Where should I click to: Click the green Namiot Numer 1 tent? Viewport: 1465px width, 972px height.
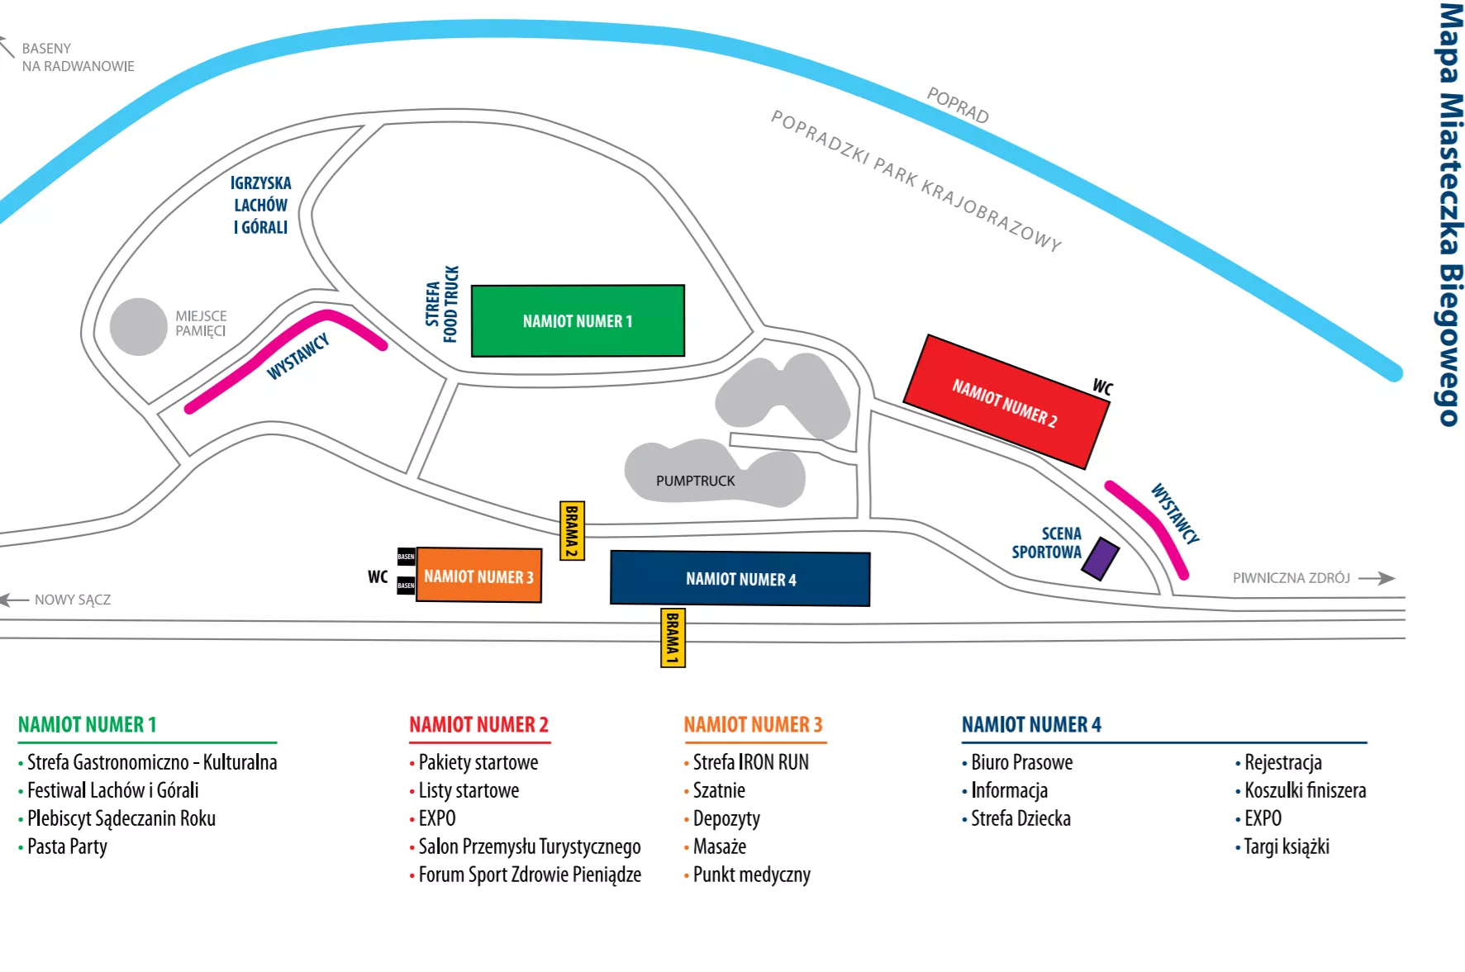pyautogui.click(x=578, y=321)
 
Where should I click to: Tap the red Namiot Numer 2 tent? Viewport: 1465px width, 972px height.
pyautogui.click(x=1006, y=402)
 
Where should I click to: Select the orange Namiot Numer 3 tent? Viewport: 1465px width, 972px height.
pyautogui.click(x=478, y=576)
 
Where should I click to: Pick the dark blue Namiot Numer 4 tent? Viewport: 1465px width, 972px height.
pyautogui.click(x=740, y=579)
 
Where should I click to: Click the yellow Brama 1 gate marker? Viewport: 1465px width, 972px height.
pyautogui.click(x=673, y=638)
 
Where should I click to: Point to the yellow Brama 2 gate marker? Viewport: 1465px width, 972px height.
pyautogui.click(x=572, y=531)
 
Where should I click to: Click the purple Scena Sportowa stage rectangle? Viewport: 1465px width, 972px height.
pyautogui.click(x=1101, y=559)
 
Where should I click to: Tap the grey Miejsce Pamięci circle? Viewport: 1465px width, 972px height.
pyautogui.click(x=139, y=327)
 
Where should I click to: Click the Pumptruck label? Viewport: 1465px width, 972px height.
pyautogui.click(x=695, y=481)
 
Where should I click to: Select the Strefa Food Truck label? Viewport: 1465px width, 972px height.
pyautogui.click(x=442, y=304)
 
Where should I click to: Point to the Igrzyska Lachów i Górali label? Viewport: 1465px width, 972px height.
pyautogui.click(x=261, y=205)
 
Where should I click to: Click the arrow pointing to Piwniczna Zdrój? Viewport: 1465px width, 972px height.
pyautogui.click(x=1376, y=578)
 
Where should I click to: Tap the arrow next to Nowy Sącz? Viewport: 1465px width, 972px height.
pyautogui.click(x=14, y=600)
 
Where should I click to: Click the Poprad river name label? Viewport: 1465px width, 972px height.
pyautogui.click(x=958, y=105)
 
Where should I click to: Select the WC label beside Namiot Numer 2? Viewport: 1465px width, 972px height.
pyautogui.click(x=1103, y=386)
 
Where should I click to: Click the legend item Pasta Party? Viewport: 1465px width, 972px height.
pyautogui.click(x=67, y=846)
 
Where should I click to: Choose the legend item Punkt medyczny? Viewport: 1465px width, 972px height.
pyautogui.click(x=751, y=875)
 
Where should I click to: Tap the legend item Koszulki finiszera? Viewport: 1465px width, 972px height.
pyautogui.click(x=1305, y=790)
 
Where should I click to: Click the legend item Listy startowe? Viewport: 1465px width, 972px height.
pyautogui.click(x=469, y=790)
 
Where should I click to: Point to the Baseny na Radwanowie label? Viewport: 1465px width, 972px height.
pyautogui.click(x=78, y=57)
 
